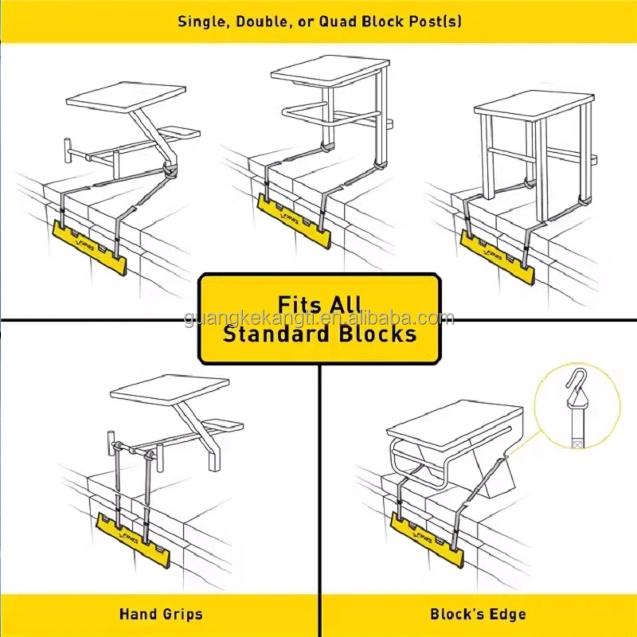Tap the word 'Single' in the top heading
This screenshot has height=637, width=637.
coord(201,21)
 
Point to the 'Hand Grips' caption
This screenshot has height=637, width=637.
coord(161,614)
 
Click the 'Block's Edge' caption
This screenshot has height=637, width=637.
coord(478,614)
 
